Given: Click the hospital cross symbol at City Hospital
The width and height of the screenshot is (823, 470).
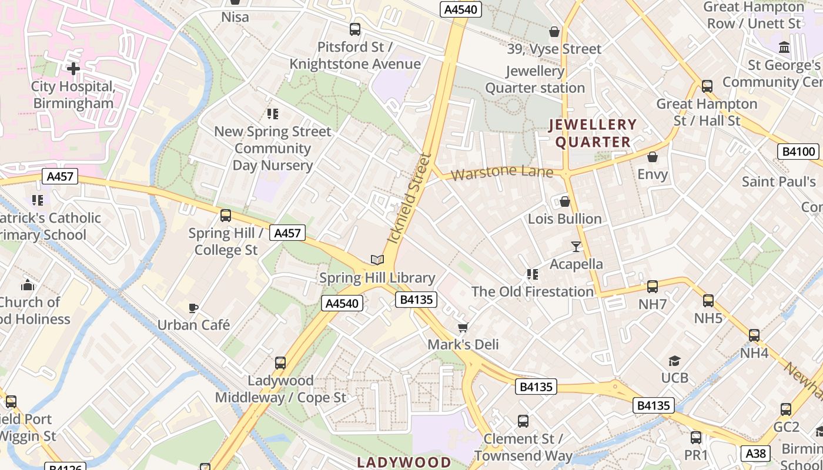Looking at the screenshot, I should (73, 69).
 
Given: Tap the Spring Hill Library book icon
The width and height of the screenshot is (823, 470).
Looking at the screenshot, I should (377, 260).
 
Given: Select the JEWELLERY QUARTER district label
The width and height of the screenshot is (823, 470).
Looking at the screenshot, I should (593, 133).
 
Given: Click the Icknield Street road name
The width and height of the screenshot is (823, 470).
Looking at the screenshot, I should (410, 199).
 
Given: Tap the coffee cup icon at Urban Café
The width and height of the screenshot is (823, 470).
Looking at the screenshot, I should (193, 308).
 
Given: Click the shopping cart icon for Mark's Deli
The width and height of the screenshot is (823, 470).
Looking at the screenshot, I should (463, 327).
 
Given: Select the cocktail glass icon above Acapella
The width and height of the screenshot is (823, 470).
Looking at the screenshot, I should (576, 247).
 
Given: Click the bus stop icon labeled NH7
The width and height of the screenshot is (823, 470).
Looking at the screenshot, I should (652, 287).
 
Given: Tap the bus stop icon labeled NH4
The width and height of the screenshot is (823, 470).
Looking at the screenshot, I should (754, 336).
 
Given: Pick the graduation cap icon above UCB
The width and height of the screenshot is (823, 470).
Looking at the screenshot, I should (674, 361).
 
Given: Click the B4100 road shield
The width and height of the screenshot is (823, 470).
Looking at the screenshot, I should (799, 152).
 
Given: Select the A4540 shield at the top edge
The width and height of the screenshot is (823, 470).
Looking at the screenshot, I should (460, 9).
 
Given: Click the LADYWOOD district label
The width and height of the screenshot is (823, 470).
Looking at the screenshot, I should (404, 462).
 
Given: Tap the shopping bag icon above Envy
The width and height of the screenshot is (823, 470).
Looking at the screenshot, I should (652, 157).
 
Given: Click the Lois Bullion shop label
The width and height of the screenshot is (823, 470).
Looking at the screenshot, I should (564, 219).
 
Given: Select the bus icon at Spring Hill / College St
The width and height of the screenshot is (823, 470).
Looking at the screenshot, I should (226, 216).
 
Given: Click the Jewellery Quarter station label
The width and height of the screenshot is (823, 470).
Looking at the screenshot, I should (535, 80).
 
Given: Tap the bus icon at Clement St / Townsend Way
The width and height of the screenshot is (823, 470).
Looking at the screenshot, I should (523, 421).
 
